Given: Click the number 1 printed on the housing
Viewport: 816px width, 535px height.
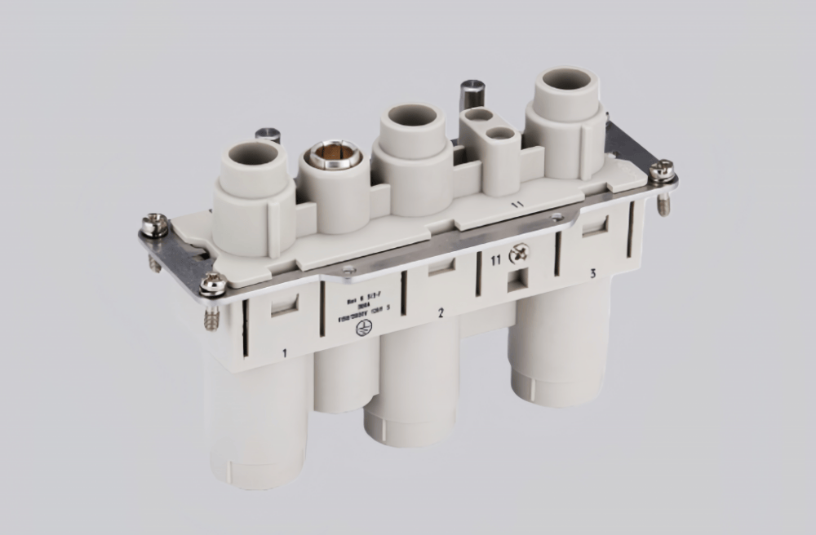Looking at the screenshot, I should pos(284,353).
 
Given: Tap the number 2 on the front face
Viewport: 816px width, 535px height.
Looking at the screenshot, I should pos(441,312).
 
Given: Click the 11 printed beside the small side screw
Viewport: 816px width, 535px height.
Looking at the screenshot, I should pos(495,261).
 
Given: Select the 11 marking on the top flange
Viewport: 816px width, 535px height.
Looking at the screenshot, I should pos(516,204).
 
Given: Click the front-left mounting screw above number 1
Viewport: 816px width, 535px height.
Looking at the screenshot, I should pos(214,283).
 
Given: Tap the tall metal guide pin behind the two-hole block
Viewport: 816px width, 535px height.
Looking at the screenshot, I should pos(472,91).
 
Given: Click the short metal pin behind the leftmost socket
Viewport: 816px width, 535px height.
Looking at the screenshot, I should pos(267,135).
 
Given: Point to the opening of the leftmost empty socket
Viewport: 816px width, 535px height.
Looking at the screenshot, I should pos(250,155).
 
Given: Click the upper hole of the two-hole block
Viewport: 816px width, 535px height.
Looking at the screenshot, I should pos(476,117).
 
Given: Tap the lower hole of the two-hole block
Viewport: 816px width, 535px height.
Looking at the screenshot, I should pos(500,133).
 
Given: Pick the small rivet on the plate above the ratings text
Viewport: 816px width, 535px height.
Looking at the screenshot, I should pos(349,270).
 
